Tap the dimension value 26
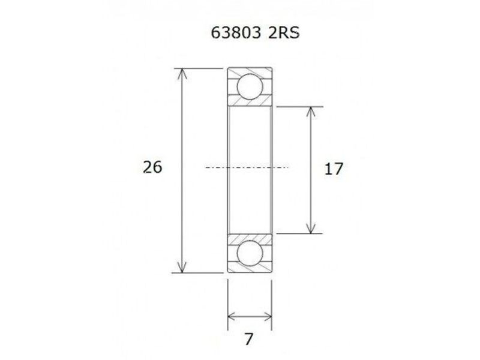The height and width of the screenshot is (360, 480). (x=152, y=167)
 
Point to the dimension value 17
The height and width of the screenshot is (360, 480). (x=333, y=169)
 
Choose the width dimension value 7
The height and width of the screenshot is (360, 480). (x=250, y=339)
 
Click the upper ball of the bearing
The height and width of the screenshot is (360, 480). (x=250, y=87)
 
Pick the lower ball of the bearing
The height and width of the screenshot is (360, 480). (x=250, y=253)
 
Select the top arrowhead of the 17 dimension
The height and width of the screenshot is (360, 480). (x=310, y=112)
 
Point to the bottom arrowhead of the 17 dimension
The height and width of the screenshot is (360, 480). (x=310, y=227)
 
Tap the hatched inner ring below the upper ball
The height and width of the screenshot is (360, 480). (x=250, y=104)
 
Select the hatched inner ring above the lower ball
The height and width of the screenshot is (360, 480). (x=250, y=236)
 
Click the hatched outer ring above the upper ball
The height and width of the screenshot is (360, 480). (x=250, y=71)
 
